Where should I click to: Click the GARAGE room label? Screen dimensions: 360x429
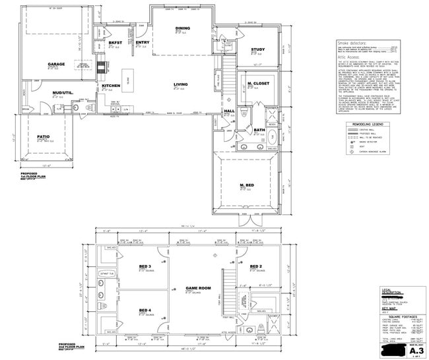point(55,64)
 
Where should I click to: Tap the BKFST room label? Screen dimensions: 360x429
point(114,42)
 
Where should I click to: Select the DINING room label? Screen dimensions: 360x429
point(183,28)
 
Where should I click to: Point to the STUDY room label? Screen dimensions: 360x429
point(258,50)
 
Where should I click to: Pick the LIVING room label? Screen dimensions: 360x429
point(181,84)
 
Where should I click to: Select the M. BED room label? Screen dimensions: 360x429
point(247,185)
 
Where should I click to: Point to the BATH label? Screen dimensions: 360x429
point(259,130)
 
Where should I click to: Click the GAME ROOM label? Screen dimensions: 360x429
point(197,288)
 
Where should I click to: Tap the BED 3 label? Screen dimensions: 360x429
point(145,266)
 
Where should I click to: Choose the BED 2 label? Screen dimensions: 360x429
point(257,266)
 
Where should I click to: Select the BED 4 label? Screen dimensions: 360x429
point(145,310)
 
